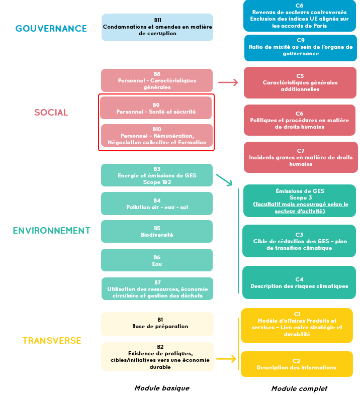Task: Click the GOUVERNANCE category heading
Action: click(x=51, y=29)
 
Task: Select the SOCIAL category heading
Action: click(x=51, y=113)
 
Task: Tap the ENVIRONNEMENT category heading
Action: click(x=52, y=231)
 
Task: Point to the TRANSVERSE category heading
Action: click(x=52, y=341)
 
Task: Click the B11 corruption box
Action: click(x=157, y=27)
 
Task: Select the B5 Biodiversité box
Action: click(x=157, y=232)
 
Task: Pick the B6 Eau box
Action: click(x=157, y=260)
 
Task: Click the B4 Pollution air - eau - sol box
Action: click(x=157, y=204)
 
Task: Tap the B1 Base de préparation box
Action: click(x=157, y=324)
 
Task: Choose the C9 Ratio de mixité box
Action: click(x=301, y=48)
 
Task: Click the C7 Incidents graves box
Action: click(x=301, y=157)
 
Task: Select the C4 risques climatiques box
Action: click(x=299, y=282)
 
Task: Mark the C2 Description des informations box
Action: click(x=297, y=364)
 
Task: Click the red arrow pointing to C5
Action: click(x=228, y=82)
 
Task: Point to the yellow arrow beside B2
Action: click(x=226, y=359)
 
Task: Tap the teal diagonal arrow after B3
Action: click(x=224, y=180)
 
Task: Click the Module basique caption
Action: click(x=162, y=388)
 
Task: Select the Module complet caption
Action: click(x=299, y=388)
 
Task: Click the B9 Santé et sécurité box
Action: click(x=156, y=108)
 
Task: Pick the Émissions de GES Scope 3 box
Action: click(x=300, y=201)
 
